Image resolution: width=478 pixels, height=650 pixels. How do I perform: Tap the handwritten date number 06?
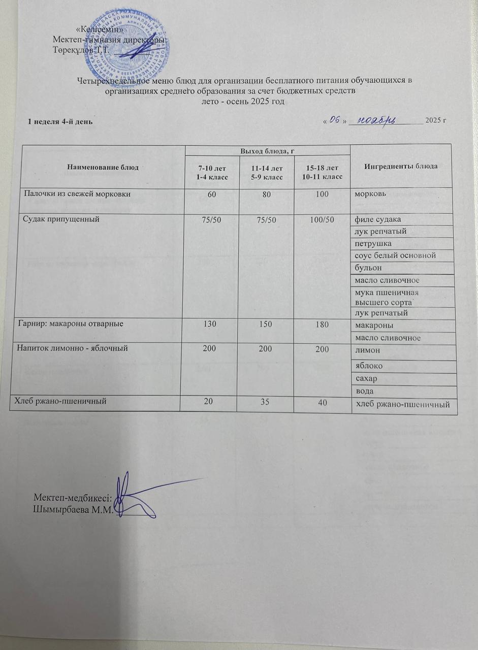tap(334, 120)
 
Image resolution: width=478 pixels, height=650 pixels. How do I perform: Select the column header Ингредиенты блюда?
tap(400, 167)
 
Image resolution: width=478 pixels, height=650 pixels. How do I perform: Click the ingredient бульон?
tap(370, 268)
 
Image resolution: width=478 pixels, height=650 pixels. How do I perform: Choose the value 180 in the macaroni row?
tap(321, 324)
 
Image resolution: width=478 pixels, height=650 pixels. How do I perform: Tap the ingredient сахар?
tap(368, 379)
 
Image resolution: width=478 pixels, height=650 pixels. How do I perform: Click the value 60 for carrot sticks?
tap(210, 195)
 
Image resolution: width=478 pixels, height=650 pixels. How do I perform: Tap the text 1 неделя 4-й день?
tap(59, 122)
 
